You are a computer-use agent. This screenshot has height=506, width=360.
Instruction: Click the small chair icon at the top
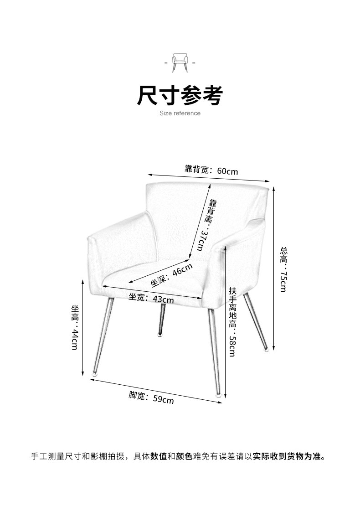point(180,62)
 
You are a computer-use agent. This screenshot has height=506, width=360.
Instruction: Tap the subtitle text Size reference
point(180,113)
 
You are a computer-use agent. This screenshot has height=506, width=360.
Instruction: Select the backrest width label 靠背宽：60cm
point(211,170)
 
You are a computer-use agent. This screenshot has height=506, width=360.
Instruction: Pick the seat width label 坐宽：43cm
point(151,299)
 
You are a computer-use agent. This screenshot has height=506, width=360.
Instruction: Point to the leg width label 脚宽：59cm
point(151,398)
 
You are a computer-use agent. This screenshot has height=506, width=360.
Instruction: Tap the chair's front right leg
point(215,351)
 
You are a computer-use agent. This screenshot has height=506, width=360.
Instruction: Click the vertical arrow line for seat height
point(82,327)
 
